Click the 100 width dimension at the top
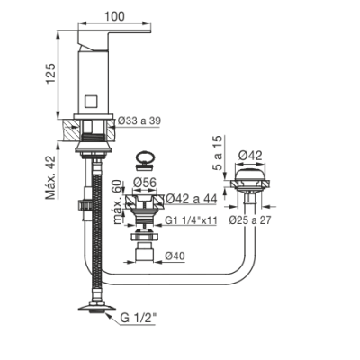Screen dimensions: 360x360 (114, 16)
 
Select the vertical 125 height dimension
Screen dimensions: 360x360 (50, 74)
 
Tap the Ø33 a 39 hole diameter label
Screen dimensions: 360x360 (139, 121)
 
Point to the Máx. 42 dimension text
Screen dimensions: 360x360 (50, 177)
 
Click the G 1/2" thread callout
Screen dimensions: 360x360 (139, 318)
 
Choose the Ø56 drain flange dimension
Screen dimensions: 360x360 (145, 182)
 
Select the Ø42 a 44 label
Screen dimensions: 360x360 (192, 198)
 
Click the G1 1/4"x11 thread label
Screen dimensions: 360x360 (191, 220)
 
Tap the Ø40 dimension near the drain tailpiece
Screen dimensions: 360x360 (175, 256)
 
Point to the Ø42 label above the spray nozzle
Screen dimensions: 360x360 (250, 156)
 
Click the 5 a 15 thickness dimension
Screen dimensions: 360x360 (219, 153)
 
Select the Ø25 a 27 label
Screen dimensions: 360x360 (250, 220)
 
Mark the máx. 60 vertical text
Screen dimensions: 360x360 (118, 202)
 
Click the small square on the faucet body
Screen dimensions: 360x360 (90, 101)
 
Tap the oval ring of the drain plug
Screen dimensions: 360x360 (145, 157)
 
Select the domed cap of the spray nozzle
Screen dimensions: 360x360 (250, 175)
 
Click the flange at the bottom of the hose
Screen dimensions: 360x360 (97, 308)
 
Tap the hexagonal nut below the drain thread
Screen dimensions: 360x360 (145, 237)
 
